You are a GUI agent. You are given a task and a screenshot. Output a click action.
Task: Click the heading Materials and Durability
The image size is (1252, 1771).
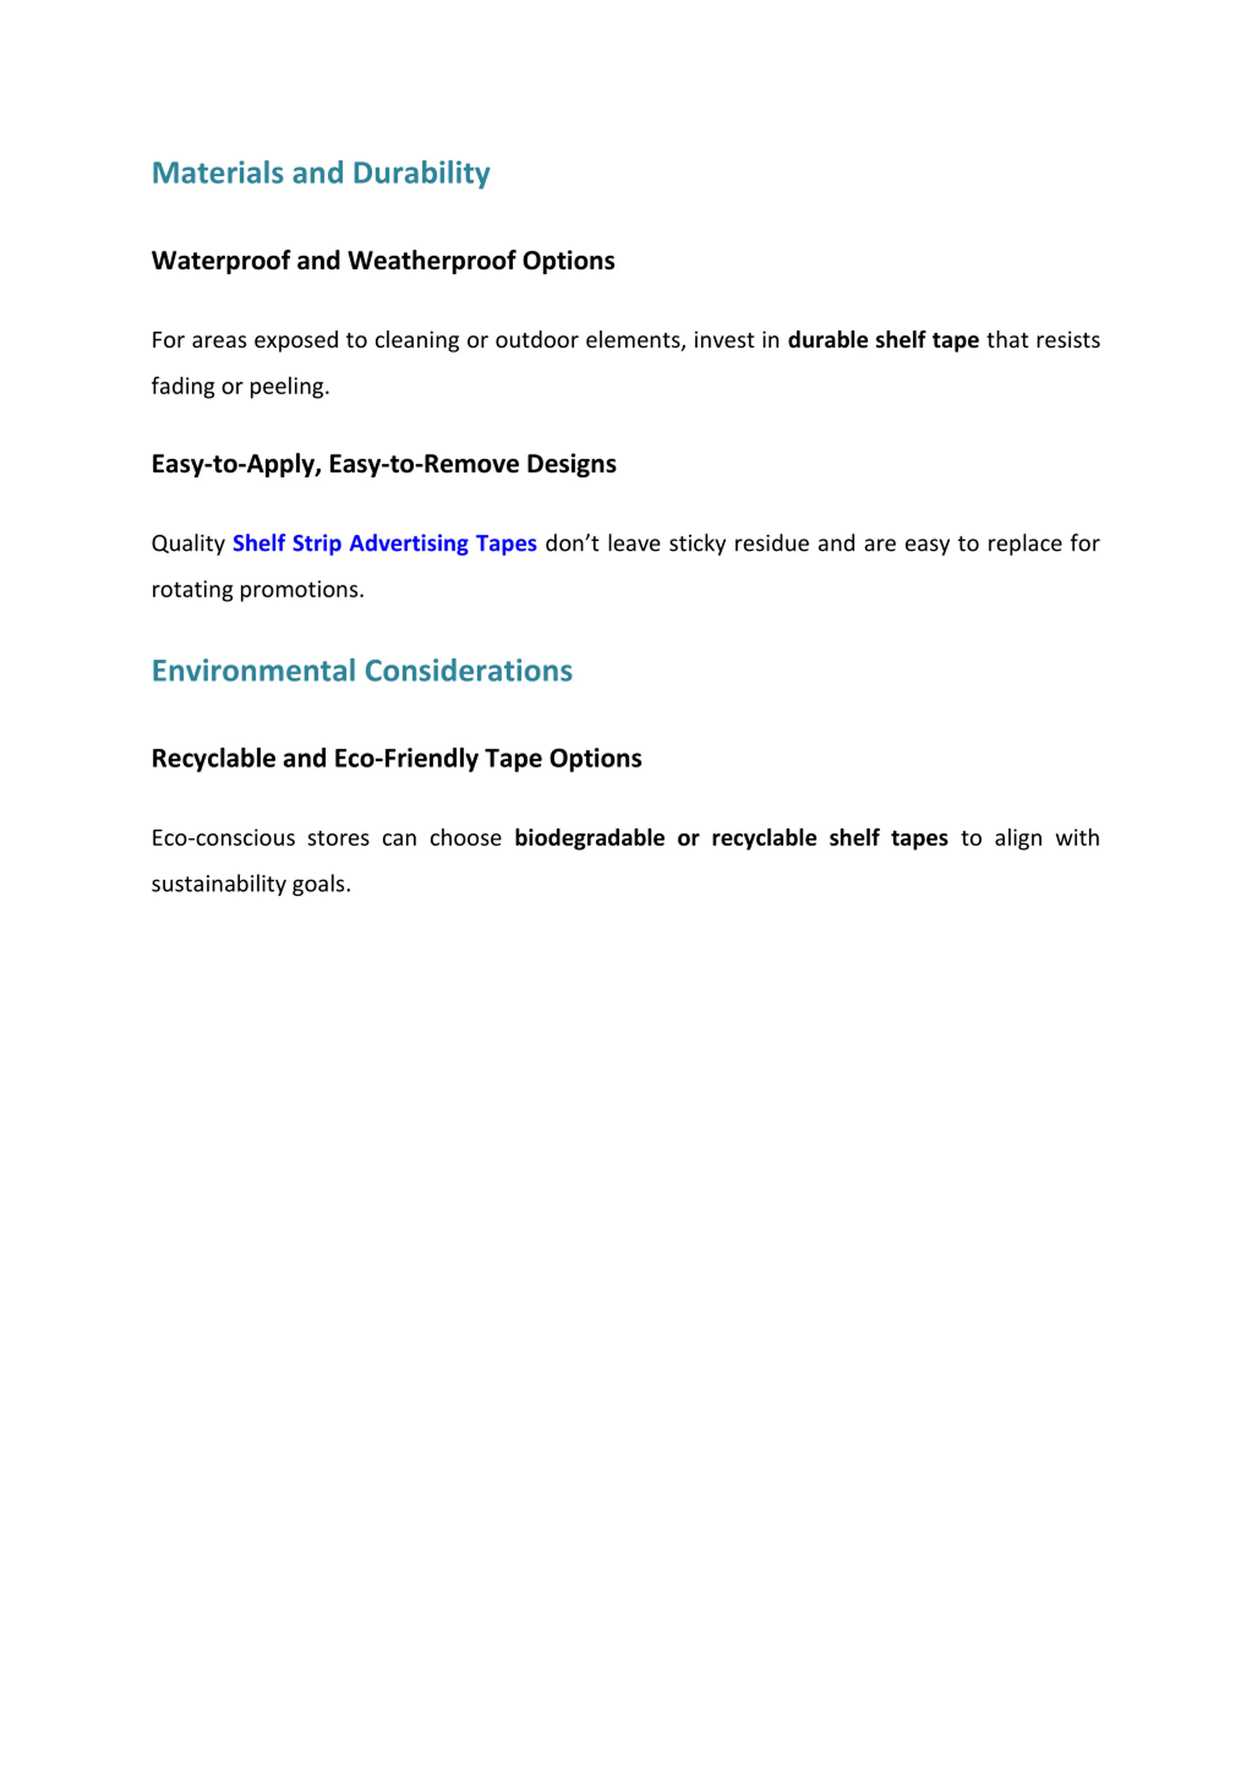[320, 173]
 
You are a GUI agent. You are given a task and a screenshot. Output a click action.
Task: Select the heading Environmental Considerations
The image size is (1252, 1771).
[362, 670]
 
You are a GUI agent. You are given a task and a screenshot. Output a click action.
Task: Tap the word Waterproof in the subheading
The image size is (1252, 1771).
[221, 261]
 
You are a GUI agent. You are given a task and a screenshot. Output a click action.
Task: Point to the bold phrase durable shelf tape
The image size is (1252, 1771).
[882, 340]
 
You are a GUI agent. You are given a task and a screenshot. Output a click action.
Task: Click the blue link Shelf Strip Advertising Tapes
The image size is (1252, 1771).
[384, 544]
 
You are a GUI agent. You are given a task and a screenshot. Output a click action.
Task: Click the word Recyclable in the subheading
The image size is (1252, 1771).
[214, 758]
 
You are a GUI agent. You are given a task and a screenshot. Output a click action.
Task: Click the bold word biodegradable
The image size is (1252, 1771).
[589, 838]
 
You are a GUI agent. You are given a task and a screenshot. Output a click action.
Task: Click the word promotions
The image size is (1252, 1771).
[301, 590]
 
